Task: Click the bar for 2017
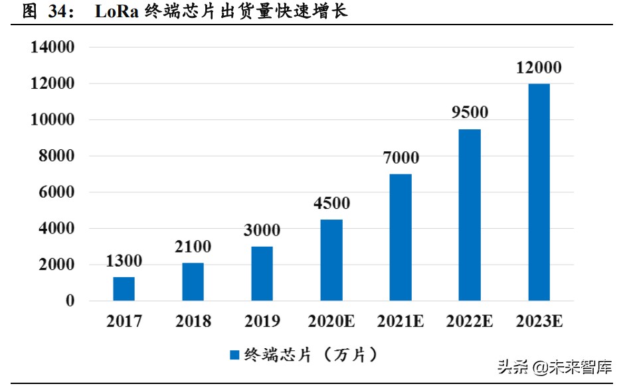(x=124, y=289)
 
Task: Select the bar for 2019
(x=262, y=273)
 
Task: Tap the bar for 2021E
(x=400, y=237)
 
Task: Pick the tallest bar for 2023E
(x=539, y=192)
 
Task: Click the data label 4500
(x=331, y=204)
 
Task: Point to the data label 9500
(x=470, y=112)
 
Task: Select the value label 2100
(x=193, y=247)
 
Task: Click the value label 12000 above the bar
(x=539, y=68)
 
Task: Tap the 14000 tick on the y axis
(x=52, y=48)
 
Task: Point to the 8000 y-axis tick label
(x=56, y=157)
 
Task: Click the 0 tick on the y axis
(x=69, y=301)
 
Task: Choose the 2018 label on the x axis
(x=193, y=322)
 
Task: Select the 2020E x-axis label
(x=331, y=322)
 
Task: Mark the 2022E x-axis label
(x=470, y=322)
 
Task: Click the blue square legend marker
(x=234, y=355)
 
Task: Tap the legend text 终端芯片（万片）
(x=312, y=355)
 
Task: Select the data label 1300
(x=124, y=261)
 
